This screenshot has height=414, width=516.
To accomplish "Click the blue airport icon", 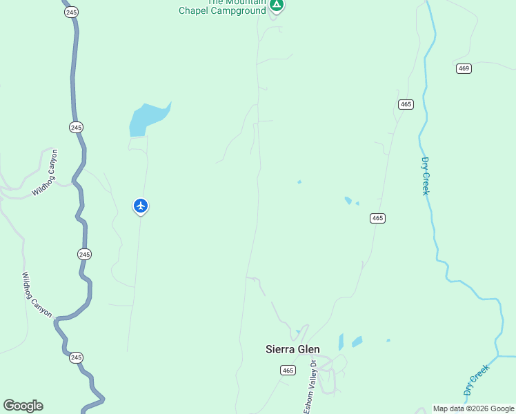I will click(141, 206).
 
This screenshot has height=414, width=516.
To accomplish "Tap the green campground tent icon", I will click(277, 6).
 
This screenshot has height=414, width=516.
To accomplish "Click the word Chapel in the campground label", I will click(193, 11).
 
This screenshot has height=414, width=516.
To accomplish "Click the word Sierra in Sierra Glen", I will click(280, 349).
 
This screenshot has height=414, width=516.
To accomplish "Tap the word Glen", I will click(308, 349).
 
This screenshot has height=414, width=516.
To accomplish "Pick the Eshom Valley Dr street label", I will click(310, 387).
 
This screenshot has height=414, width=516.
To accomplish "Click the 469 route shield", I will click(464, 68).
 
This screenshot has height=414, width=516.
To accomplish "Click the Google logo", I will click(23, 406).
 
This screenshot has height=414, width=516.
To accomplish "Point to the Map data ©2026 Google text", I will click(474, 408).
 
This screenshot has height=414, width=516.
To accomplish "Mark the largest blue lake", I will click(147, 119).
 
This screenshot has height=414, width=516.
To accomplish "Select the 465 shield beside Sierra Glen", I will click(288, 371).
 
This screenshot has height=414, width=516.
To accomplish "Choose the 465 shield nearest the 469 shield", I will click(406, 104).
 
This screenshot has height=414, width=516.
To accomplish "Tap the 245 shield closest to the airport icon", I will click(85, 254).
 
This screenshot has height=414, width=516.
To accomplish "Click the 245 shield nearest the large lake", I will click(76, 127).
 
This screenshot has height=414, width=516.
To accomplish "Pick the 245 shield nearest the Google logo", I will click(76, 357).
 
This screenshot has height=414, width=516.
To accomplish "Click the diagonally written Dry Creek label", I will click(476, 379).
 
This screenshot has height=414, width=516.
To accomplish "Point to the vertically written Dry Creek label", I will click(425, 175).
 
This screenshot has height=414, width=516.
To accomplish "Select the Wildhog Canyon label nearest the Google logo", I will click(36, 295).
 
